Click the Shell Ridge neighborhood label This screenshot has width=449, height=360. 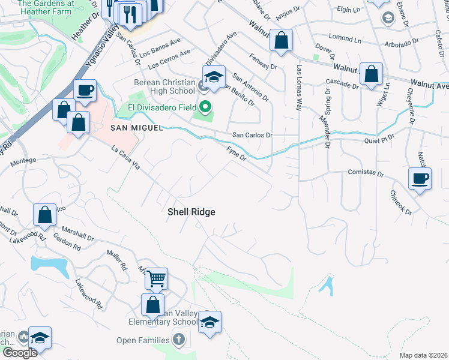point(191,212)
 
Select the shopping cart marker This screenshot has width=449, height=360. point(156,278)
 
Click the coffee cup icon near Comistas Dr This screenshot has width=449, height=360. point(420,178)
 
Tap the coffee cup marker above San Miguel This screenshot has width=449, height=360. point(85,91)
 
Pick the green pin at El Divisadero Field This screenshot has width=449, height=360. point(206,108)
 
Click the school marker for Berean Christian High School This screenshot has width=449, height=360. point(213,77)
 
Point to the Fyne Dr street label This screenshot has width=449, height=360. point(237,154)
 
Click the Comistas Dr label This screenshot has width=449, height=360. point(366,173)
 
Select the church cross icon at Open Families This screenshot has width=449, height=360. point(178,340)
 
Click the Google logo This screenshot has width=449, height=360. point(19,353)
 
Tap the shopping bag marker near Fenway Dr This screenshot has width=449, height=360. point(281,41)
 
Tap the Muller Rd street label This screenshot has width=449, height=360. point(116,259)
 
